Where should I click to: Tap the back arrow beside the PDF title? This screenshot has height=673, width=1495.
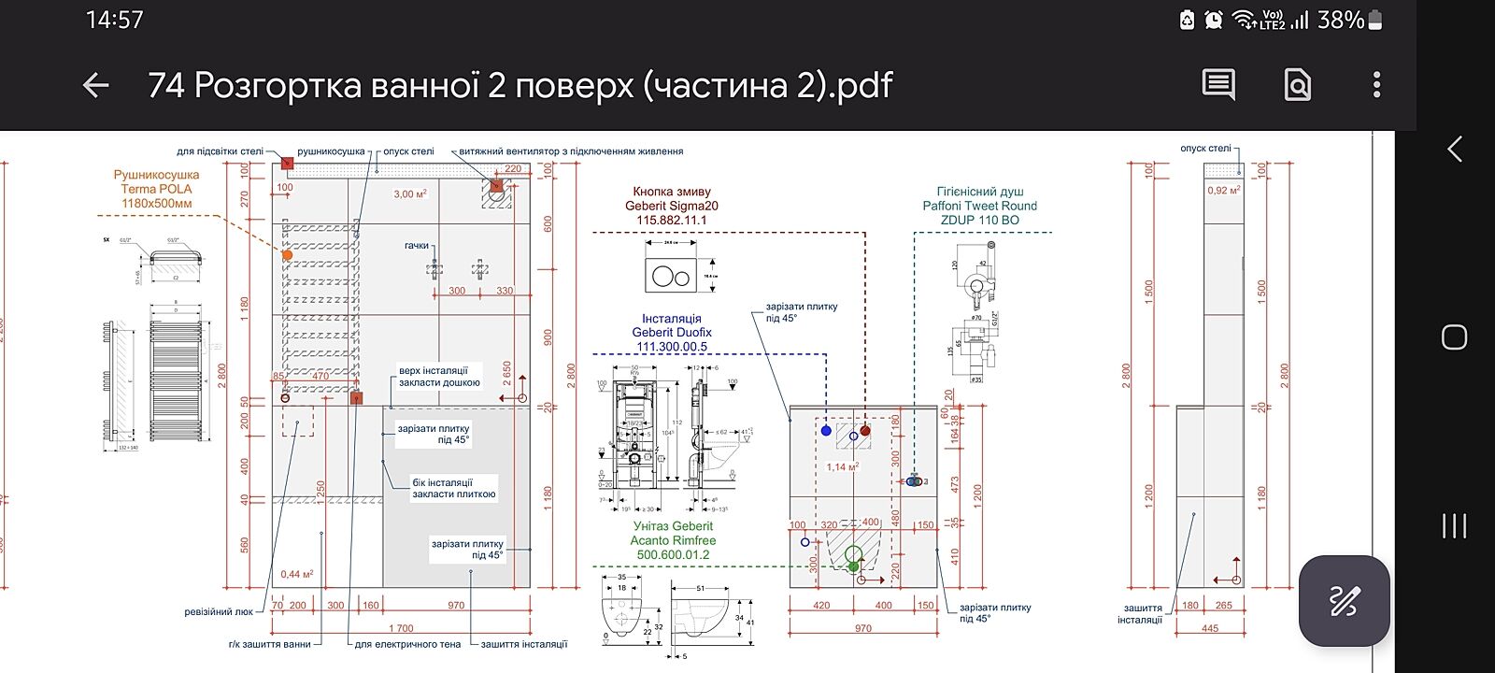click(x=96, y=86)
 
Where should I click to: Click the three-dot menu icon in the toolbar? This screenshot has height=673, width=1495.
click(x=1376, y=85)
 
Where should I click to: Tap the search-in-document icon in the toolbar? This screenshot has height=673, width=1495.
click(x=1298, y=85)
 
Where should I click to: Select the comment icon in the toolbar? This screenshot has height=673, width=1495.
click(x=1218, y=85)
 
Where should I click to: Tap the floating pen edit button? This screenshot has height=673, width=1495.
click(x=1344, y=600)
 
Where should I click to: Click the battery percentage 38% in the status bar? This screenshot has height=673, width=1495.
click(x=1341, y=20)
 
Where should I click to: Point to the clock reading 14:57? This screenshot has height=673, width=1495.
click(x=114, y=20)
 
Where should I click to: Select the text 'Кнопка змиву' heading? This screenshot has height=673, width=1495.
click(x=671, y=192)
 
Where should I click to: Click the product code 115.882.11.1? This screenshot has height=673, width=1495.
click(x=671, y=221)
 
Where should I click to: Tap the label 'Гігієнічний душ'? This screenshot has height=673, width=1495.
click(x=979, y=192)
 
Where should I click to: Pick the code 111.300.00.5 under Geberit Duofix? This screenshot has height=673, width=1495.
click(x=671, y=347)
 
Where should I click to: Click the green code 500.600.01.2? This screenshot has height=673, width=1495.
click(x=673, y=554)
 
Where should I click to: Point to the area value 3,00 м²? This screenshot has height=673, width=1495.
click(x=409, y=194)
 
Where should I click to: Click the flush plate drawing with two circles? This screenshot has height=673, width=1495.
click(x=671, y=277)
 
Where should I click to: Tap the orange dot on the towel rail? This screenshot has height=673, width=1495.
click(x=287, y=254)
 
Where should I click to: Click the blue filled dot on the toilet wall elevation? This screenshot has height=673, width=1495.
click(x=826, y=431)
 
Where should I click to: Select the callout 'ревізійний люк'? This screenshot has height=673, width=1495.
click(x=219, y=612)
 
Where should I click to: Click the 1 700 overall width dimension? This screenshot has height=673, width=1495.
click(x=401, y=628)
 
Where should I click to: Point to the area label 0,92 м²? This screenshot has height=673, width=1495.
click(x=1223, y=191)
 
